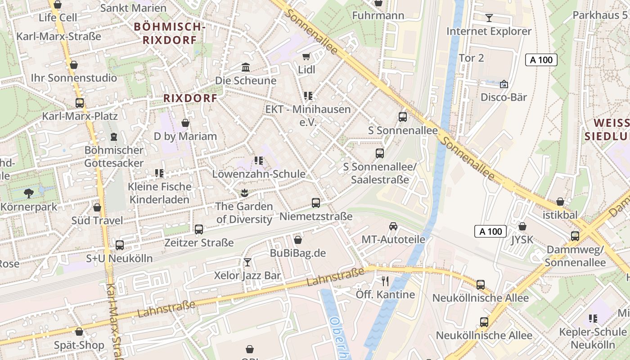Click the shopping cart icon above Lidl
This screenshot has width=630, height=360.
pyautogui.click(x=306, y=57)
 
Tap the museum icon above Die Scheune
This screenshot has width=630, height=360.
pyautogui.click(x=246, y=67)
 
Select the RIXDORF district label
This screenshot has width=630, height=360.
pyautogui.click(x=190, y=98)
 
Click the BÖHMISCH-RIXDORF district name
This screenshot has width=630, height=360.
pyautogui.click(x=170, y=33)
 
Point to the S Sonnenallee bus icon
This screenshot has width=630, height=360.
pyautogui.click(x=403, y=117)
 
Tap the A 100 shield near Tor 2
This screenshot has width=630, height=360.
pyautogui.click(x=541, y=60)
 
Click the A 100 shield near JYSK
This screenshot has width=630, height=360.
pyautogui.click(x=490, y=231)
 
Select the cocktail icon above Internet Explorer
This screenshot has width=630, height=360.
pyautogui.click(x=489, y=18)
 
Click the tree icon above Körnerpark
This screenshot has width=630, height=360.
pyautogui.click(x=29, y=193)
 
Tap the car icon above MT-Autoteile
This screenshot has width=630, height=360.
pyautogui.click(x=393, y=226)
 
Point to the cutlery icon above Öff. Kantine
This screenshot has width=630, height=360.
pyautogui.click(x=385, y=281)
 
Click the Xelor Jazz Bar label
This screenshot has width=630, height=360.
pyautogui.click(x=247, y=275)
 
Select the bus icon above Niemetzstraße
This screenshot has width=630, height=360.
pyautogui.click(x=316, y=203)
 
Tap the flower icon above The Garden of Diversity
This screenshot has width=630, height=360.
pyautogui.click(x=244, y=193)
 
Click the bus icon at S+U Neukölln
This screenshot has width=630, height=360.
pyautogui.click(x=120, y=245)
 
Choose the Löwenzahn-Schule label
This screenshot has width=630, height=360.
pyautogui.click(x=258, y=174)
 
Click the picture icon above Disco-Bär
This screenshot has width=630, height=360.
pyautogui.click(x=504, y=84)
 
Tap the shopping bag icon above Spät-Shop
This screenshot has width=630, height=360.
pyautogui.click(x=79, y=332)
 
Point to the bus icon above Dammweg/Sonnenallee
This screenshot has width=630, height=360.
pyautogui.click(x=575, y=236)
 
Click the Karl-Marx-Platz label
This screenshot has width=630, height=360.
pyautogui.click(x=80, y=116)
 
